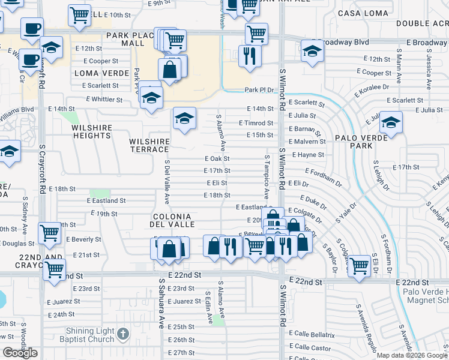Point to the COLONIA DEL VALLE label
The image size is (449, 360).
tap(172, 220)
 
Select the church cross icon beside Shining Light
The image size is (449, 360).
tap(122, 333)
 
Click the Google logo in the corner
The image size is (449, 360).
tap(20, 353)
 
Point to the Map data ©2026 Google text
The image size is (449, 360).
tap(411, 355)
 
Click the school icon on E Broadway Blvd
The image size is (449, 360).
tap(312, 51)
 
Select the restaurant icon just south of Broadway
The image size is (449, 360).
tap(249, 56)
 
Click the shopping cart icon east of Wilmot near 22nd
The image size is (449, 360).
tap(359, 265)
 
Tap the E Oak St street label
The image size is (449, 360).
tap(217, 159)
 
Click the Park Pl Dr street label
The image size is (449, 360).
tap(259, 90)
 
